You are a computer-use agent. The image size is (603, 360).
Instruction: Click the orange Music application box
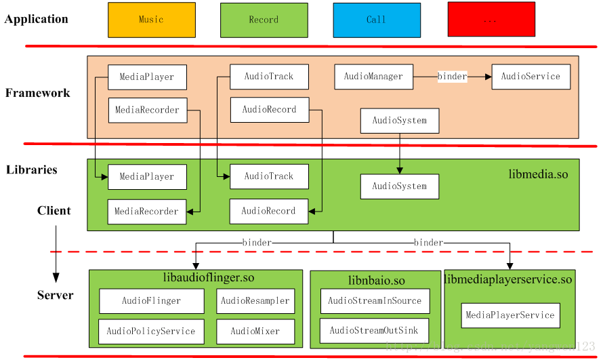(x=152, y=20)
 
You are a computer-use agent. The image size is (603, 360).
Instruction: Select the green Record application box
(x=264, y=20)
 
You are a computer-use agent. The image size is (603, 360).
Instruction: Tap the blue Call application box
(x=376, y=20)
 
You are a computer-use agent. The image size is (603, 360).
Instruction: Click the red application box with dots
(x=491, y=20)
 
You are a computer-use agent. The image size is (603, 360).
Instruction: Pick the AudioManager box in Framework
(x=373, y=77)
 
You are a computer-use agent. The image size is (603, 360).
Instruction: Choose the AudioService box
(x=531, y=77)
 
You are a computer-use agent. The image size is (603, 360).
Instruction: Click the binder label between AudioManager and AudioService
(x=452, y=77)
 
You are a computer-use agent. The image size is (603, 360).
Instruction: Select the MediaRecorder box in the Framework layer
(x=147, y=110)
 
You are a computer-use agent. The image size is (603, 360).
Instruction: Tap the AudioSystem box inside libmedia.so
(x=399, y=186)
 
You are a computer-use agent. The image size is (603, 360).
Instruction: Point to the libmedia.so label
(x=538, y=174)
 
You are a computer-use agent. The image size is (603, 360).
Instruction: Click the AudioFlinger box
(x=151, y=300)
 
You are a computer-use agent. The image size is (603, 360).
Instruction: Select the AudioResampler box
(x=255, y=300)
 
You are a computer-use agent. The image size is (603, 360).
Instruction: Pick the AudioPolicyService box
(x=151, y=332)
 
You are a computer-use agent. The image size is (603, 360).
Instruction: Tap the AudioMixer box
(x=255, y=332)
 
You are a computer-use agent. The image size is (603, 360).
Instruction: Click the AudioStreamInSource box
(x=374, y=301)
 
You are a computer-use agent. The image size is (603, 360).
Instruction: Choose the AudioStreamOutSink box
(x=374, y=331)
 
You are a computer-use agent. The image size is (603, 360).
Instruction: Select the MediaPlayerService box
(x=510, y=315)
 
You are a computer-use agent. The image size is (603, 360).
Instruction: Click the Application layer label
(x=36, y=19)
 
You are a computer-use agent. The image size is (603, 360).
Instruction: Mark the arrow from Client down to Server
(x=56, y=254)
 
